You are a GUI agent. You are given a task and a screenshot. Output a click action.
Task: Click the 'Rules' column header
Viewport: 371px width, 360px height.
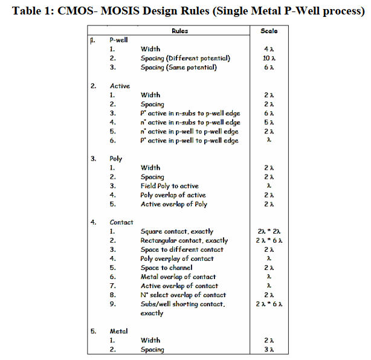pyautogui.click(x=179, y=30)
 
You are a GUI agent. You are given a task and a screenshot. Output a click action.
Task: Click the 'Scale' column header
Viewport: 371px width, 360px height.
pyautogui.click(x=268, y=30)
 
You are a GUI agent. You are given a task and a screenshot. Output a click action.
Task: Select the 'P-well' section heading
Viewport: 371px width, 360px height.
pyautogui.click(x=118, y=40)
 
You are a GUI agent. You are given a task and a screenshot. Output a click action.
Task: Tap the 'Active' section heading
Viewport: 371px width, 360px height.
pyautogui.click(x=120, y=86)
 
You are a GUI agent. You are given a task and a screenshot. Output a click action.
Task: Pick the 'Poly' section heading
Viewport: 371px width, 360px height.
pyautogui.click(x=116, y=159)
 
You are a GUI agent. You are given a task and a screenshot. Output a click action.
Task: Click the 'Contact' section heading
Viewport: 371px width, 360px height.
pyautogui.click(x=121, y=222)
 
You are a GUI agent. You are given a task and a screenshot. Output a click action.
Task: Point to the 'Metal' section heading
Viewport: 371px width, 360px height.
pyautogui.click(x=118, y=331)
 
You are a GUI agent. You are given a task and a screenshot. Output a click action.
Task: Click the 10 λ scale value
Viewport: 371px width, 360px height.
pyautogui.click(x=269, y=58)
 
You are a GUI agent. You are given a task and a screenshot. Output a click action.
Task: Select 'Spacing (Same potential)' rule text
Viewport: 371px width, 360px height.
pyautogui.click(x=179, y=67)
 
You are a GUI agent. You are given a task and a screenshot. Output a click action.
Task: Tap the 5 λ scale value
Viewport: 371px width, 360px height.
pyautogui.click(x=269, y=122)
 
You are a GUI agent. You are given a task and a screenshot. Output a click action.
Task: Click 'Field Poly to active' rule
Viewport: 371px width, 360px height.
pyautogui.click(x=169, y=186)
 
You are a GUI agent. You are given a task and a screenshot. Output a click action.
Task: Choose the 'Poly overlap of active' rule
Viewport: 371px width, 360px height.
pyautogui.click(x=173, y=195)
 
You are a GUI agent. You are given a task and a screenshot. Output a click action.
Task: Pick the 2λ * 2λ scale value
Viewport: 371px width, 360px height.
pyautogui.click(x=269, y=231)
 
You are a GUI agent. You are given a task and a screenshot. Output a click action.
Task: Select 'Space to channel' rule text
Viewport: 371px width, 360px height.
pyautogui.click(x=166, y=268)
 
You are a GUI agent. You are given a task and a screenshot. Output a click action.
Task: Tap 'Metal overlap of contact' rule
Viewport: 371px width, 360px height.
pyautogui.click(x=178, y=277)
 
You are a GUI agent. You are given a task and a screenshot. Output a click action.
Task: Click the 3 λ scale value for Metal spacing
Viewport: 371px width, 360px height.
pyautogui.click(x=269, y=349)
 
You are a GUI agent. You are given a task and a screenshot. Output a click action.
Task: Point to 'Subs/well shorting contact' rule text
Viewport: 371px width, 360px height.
pyautogui.click(x=182, y=304)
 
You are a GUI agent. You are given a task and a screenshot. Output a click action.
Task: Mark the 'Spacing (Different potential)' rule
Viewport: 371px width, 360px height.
pyautogui.click(x=185, y=58)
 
